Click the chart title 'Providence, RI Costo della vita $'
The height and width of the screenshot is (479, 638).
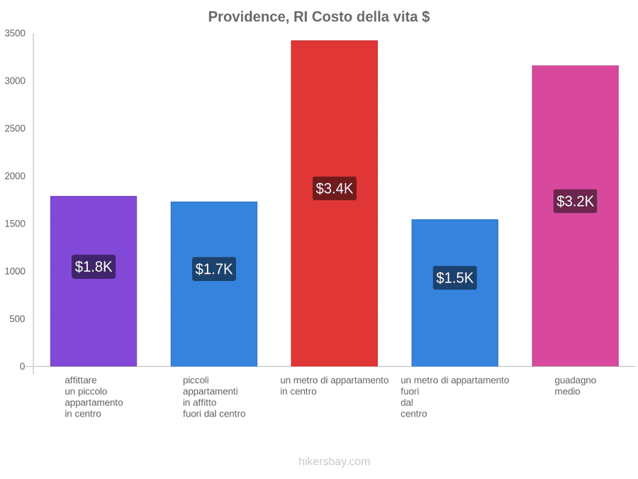pyautogui.click(x=318, y=17)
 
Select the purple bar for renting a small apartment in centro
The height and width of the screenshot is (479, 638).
pyautogui.click(x=94, y=281)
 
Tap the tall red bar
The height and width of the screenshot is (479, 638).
pyautogui.click(x=335, y=203)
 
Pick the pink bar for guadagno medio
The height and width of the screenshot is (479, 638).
pyautogui.click(x=576, y=216)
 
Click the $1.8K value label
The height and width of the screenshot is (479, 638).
pyautogui.click(x=94, y=267)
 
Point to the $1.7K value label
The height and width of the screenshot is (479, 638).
pyautogui.click(x=214, y=269)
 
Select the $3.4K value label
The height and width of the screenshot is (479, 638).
pyautogui.click(x=335, y=188)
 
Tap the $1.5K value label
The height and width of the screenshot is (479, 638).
pyautogui.click(x=455, y=277)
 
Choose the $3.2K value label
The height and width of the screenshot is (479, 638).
pyautogui.click(x=576, y=201)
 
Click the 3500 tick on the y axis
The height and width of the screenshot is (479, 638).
pyautogui.click(x=15, y=33)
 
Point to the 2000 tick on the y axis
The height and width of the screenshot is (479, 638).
pyautogui.click(x=15, y=176)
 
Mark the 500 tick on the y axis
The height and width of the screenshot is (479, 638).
pyautogui.click(x=17, y=319)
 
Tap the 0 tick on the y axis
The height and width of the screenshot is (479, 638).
pyautogui.click(x=23, y=367)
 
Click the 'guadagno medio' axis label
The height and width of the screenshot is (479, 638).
pyautogui.click(x=576, y=386)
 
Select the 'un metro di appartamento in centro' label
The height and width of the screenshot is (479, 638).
pyautogui.click(x=335, y=386)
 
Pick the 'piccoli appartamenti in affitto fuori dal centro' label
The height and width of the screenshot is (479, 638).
pyautogui.click(x=214, y=397)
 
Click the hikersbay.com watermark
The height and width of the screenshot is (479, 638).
pyautogui.click(x=335, y=461)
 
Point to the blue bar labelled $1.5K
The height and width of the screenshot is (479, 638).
pyautogui.click(x=455, y=293)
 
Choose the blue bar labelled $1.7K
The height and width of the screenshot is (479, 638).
pyautogui.click(x=214, y=284)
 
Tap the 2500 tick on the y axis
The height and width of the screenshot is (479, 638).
pyautogui.click(x=15, y=128)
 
